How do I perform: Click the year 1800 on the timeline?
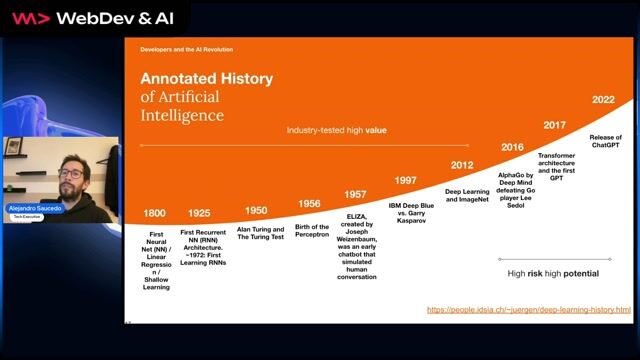click(155, 214)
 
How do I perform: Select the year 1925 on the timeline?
click(200, 214)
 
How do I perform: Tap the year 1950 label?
click(256, 210)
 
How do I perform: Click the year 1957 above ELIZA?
click(355, 195)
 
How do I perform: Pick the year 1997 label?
click(405, 181)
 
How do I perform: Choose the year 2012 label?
click(462, 165)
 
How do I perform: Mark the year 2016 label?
click(512, 147)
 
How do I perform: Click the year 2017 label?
click(555, 125)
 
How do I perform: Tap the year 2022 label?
click(603, 100)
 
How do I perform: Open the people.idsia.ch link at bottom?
click(529, 310)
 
